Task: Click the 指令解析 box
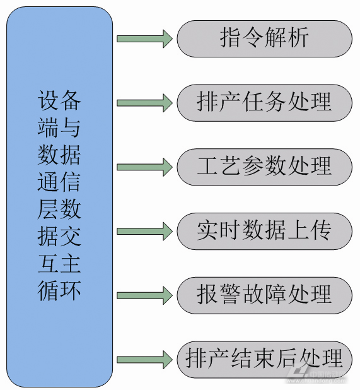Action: pos(264,38)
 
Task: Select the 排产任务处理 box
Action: pos(264,103)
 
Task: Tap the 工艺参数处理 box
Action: pos(264,167)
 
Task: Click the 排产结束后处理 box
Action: pos(264,359)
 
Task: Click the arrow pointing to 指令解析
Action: pos(144,38)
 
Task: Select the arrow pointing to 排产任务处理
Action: pos(144,103)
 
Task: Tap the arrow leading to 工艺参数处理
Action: pos(144,167)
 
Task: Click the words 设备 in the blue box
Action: pos(60,101)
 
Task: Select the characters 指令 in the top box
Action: pos(241,38)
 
